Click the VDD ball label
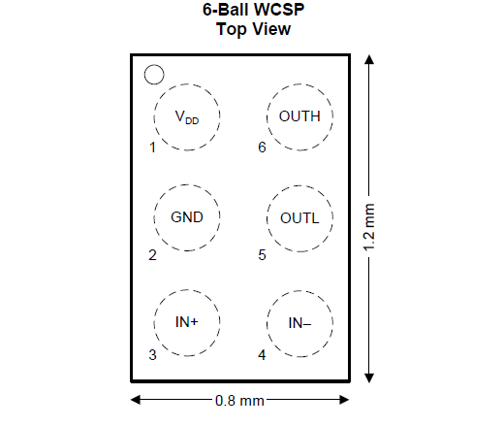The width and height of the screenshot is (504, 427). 187,117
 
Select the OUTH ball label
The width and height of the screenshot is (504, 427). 299,116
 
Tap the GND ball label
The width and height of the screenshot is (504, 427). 187,217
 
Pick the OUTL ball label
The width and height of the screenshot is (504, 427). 299,218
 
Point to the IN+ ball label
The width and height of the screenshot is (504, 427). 186,322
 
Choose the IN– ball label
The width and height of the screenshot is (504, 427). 299,323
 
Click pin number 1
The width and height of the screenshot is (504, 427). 152,148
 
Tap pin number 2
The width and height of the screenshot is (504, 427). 152,255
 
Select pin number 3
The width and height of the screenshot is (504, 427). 152,355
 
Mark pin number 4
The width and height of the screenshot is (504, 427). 262,355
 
